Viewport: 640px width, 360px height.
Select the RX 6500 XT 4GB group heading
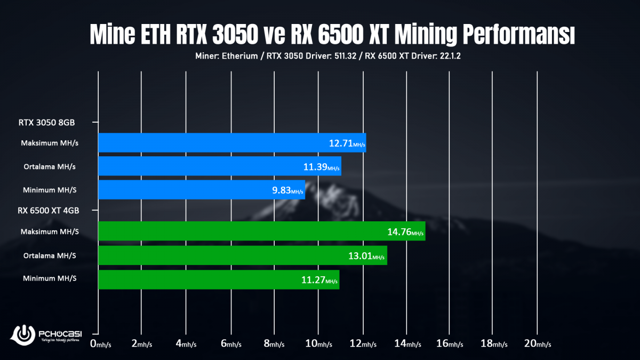(49, 211)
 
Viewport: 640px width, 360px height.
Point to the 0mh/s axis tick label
(100, 344)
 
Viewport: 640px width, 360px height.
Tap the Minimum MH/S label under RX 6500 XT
(50, 279)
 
